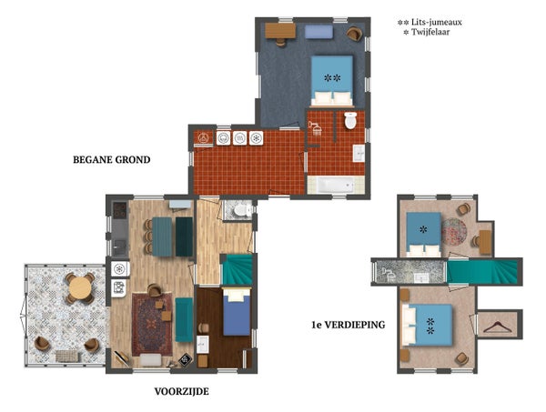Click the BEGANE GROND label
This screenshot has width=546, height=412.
click(x=111, y=160)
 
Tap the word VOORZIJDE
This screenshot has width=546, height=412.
click(x=181, y=391)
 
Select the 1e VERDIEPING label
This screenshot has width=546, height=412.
click(x=349, y=325)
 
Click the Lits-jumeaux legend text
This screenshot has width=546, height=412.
click(x=437, y=22)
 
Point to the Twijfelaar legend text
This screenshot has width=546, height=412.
click(x=430, y=32)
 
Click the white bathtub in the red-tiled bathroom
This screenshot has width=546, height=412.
click(x=335, y=185)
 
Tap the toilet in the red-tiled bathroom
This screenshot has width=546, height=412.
click(x=350, y=120)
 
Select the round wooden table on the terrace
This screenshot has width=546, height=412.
click(x=80, y=287)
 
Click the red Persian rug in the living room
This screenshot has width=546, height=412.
click(x=152, y=325)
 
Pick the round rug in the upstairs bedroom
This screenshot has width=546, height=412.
click(x=454, y=231)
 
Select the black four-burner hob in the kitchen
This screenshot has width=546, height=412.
click(x=120, y=210)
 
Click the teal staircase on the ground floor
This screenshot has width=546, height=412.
click(x=238, y=269)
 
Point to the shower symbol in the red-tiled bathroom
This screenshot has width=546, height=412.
click(x=316, y=128)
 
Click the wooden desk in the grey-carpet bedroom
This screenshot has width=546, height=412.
click(x=280, y=31)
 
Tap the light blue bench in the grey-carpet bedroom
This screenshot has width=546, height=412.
click(x=318, y=32)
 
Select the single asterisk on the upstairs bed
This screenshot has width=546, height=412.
click(x=423, y=229)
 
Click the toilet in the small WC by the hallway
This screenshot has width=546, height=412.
click(x=240, y=210)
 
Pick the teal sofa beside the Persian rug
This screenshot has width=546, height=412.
click(x=184, y=320)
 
